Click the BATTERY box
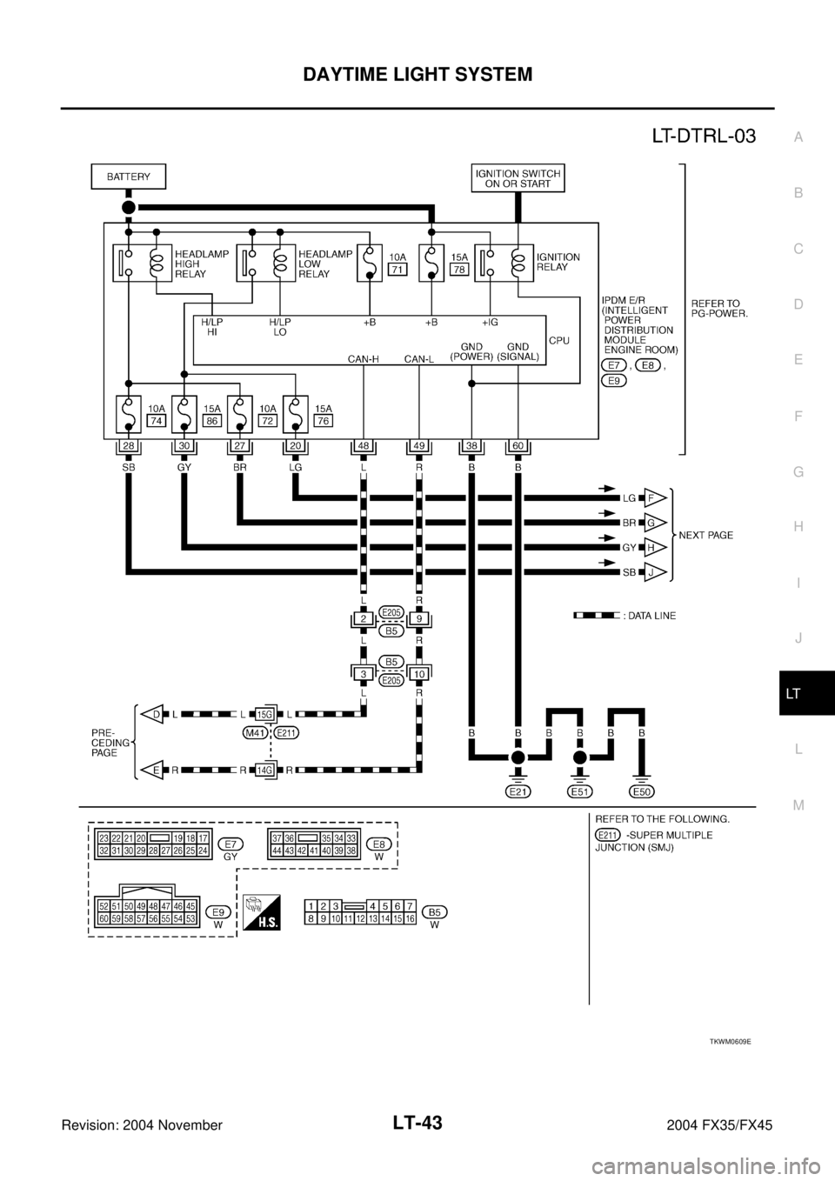pos(128,177)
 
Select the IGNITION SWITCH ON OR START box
pos(518,177)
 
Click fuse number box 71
pos(397,270)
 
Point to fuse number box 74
pos(157,420)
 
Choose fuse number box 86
pos(212,420)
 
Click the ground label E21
pos(518,791)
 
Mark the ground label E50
pos(642,791)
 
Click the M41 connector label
pos(254,733)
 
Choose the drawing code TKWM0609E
pos(729,1039)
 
